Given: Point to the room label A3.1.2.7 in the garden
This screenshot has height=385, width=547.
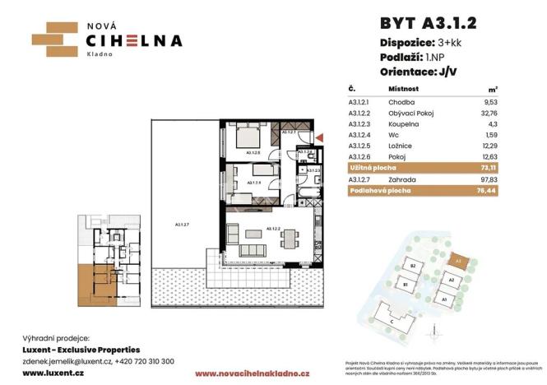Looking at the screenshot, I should (x=182, y=224).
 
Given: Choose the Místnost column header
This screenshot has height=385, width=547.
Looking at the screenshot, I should (x=404, y=87).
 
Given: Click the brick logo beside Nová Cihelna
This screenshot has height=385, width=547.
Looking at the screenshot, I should (x=53, y=38).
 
